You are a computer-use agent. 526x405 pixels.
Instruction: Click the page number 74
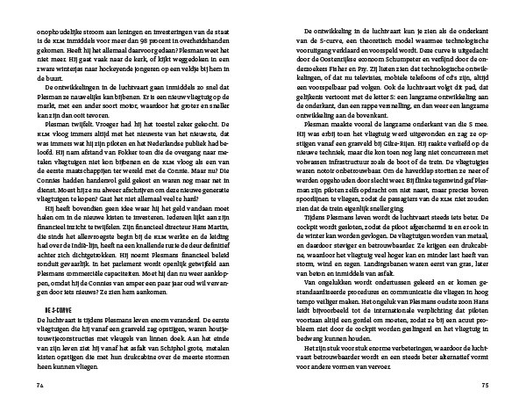coord(39,384)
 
